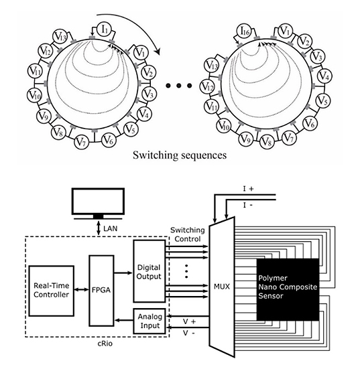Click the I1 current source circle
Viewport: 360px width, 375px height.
(105, 29)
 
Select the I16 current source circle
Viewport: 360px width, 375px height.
(245, 31)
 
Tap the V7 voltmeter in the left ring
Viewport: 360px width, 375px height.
(82, 142)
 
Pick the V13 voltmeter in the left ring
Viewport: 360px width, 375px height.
(60, 37)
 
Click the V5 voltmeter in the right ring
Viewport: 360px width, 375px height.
(323, 101)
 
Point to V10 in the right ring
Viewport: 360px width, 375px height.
(223, 126)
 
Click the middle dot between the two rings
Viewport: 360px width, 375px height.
(178, 86)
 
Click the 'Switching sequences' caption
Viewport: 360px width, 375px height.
(180, 155)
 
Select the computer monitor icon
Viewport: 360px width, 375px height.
(98, 204)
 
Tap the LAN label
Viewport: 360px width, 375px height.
(111, 228)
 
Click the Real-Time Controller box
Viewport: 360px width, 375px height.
(51, 291)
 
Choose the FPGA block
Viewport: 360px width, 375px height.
(101, 291)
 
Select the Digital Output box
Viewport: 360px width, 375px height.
(149, 271)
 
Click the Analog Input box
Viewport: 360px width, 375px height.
(149, 321)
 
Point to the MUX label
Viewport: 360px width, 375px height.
(222, 287)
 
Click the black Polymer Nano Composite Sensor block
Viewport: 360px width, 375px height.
(288, 289)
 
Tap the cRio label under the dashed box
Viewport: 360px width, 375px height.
(105, 344)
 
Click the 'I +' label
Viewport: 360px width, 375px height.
(248, 189)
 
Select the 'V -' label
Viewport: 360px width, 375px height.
(189, 333)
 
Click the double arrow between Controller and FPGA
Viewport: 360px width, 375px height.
(82, 289)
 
